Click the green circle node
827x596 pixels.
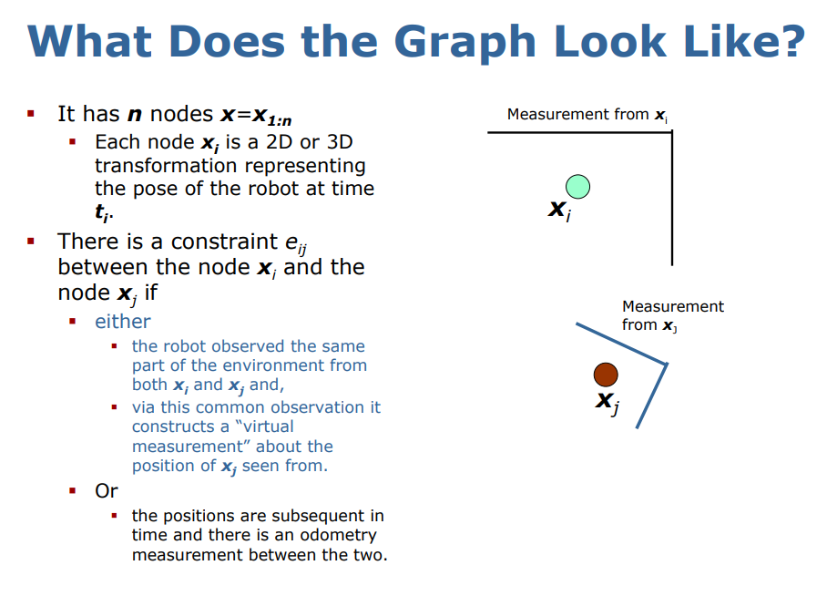coord(577,187)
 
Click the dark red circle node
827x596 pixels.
coord(606,374)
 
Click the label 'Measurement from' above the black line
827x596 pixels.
coord(577,115)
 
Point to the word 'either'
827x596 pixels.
coord(123,322)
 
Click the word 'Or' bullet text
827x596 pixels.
coord(107,490)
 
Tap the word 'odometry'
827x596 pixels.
coord(332,535)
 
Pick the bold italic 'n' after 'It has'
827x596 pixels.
coord(134,114)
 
